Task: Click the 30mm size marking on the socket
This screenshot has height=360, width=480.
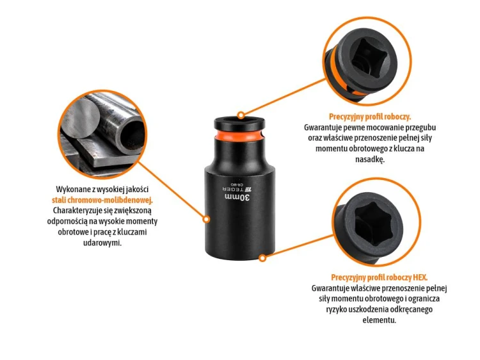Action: (237, 198)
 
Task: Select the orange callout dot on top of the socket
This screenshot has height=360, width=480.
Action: (241, 115)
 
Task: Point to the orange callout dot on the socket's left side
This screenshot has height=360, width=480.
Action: (207, 219)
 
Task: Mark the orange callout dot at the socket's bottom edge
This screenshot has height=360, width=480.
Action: (262, 258)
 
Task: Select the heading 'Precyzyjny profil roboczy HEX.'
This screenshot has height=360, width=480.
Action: (380, 277)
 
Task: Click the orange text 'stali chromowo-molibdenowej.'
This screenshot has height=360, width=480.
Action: (102, 200)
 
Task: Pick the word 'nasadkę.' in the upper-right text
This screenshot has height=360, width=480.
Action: (369, 160)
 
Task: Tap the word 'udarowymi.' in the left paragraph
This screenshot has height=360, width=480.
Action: (102, 243)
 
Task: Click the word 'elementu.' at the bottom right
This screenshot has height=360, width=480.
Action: (380, 320)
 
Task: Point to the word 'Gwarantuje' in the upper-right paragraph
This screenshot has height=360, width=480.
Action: (321, 127)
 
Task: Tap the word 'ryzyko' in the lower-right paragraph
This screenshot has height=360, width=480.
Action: (336, 309)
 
